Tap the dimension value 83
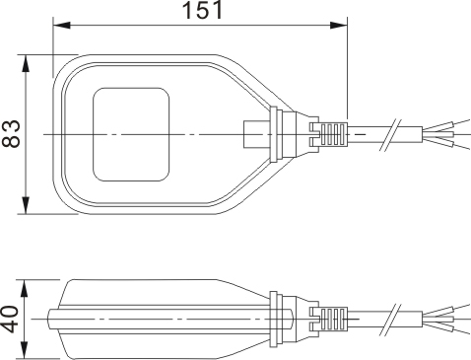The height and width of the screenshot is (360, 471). pos(12,133)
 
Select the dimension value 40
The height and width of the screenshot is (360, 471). pos(11,320)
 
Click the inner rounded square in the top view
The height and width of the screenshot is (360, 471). pos(130,134)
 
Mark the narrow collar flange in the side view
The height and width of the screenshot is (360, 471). pos(278,319)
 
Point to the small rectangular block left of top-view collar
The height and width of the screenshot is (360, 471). pos(252,133)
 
